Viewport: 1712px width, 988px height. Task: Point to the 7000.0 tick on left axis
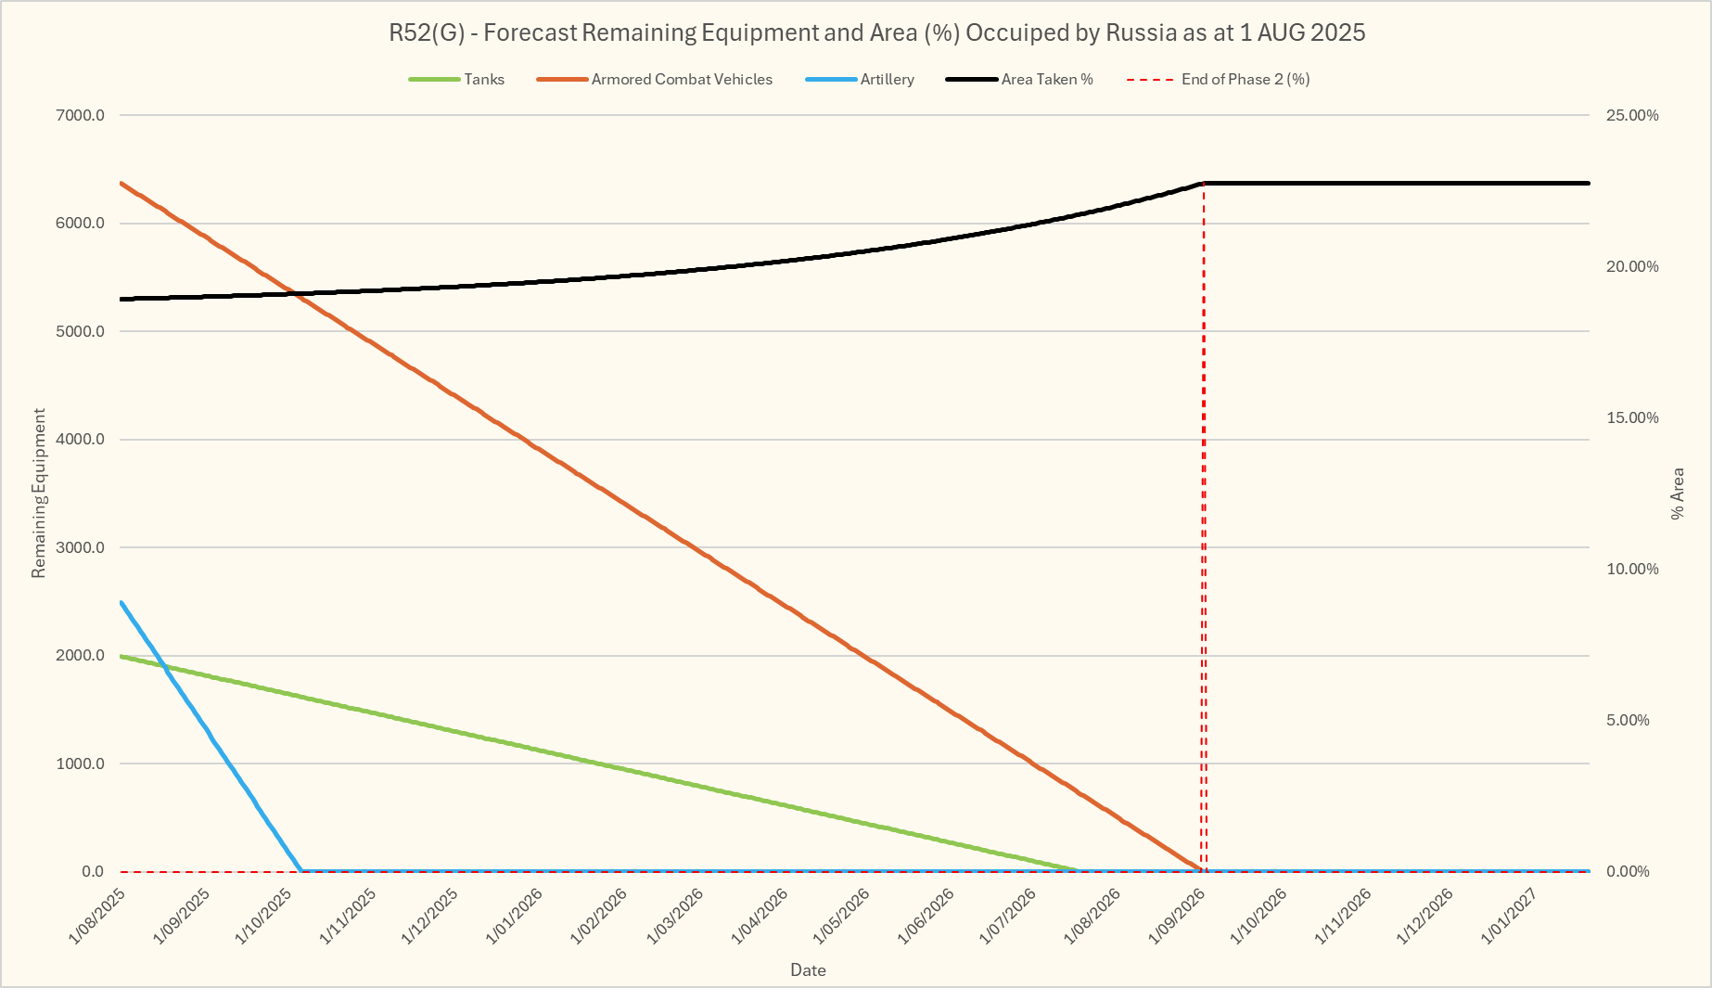(x=81, y=116)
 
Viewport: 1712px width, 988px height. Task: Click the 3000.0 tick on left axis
(x=81, y=548)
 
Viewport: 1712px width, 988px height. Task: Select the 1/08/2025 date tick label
(x=98, y=916)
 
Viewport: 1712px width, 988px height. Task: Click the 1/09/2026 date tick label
(x=1177, y=916)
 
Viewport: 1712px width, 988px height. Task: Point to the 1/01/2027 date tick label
(x=1510, y=916)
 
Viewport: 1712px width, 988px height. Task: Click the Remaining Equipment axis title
(x=39, y=494)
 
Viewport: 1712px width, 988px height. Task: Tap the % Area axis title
(x=1678, y=494)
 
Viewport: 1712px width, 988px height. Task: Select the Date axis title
(x=808, y=970)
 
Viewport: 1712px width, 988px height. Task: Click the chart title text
(x=876, y=33)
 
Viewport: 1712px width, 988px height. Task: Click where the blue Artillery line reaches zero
(x=301, y=871)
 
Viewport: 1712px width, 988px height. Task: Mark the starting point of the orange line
(x=121, y=183)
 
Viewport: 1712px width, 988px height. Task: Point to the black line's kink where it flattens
(x=1204, y=184)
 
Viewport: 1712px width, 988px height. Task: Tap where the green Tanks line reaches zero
(x=1078, y=870)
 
